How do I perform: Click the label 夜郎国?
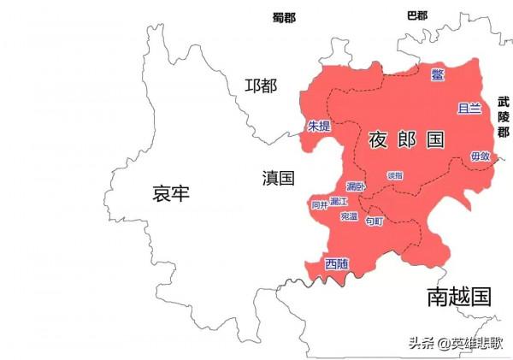407,139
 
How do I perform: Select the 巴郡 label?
417,15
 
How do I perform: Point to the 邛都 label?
261,86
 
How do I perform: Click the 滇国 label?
278,178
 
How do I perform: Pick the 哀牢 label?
170,193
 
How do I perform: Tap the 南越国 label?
459,297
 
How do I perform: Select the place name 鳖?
438,74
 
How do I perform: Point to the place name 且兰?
469,109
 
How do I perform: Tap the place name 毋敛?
480,156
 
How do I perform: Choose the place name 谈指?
395,174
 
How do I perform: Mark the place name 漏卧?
356,186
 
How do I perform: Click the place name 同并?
319,205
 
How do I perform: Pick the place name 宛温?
349,216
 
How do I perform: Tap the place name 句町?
374,221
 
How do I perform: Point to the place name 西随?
337,263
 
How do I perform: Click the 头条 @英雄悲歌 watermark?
455,343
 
